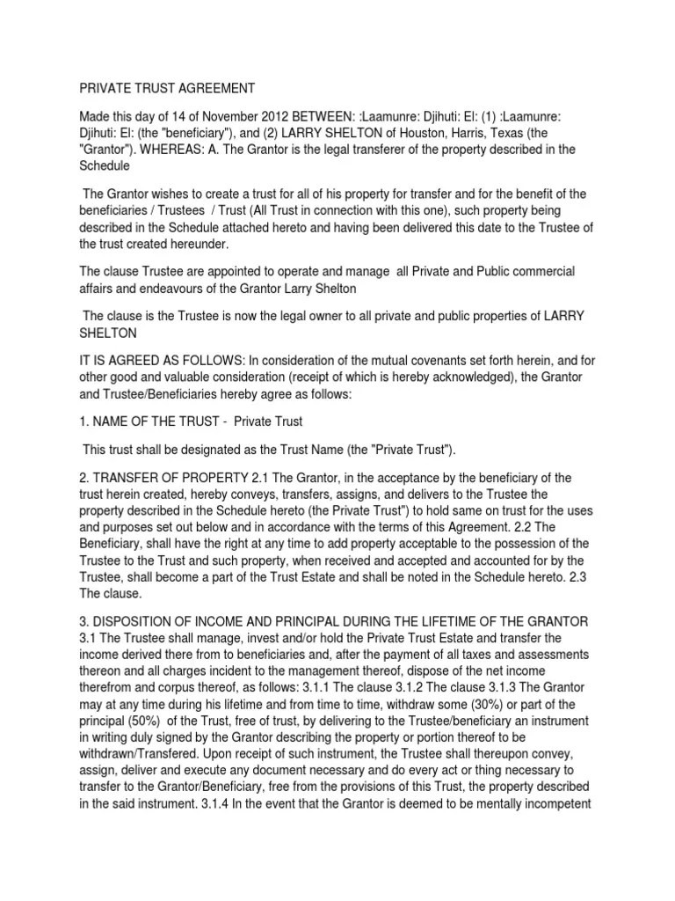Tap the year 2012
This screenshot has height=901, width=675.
coord(266,116)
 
